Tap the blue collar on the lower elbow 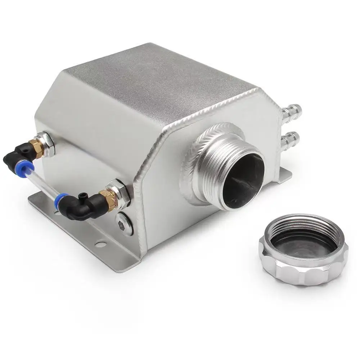[61, 202]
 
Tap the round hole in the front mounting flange [102, 245]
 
